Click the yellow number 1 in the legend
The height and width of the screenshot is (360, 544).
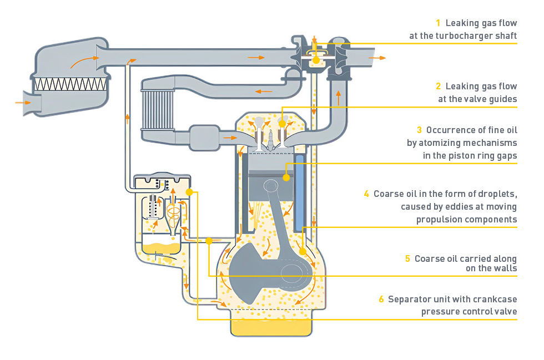click(438, 23)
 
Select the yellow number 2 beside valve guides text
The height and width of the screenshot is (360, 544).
click(438, 87)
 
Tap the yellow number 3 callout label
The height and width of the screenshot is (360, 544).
click(419, 130)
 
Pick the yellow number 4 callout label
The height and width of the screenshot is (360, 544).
click(366, 194)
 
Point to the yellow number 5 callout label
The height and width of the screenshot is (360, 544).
click(407, 258)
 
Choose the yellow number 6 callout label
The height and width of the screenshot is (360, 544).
click(381, 300)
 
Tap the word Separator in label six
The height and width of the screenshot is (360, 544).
click(409, 300)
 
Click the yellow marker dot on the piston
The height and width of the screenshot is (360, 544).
click(286, 178)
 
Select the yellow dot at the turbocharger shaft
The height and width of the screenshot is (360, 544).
click(315, 60)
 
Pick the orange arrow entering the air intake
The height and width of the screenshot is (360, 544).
click(23, 102)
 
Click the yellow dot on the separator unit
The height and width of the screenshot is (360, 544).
click(189, 191)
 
